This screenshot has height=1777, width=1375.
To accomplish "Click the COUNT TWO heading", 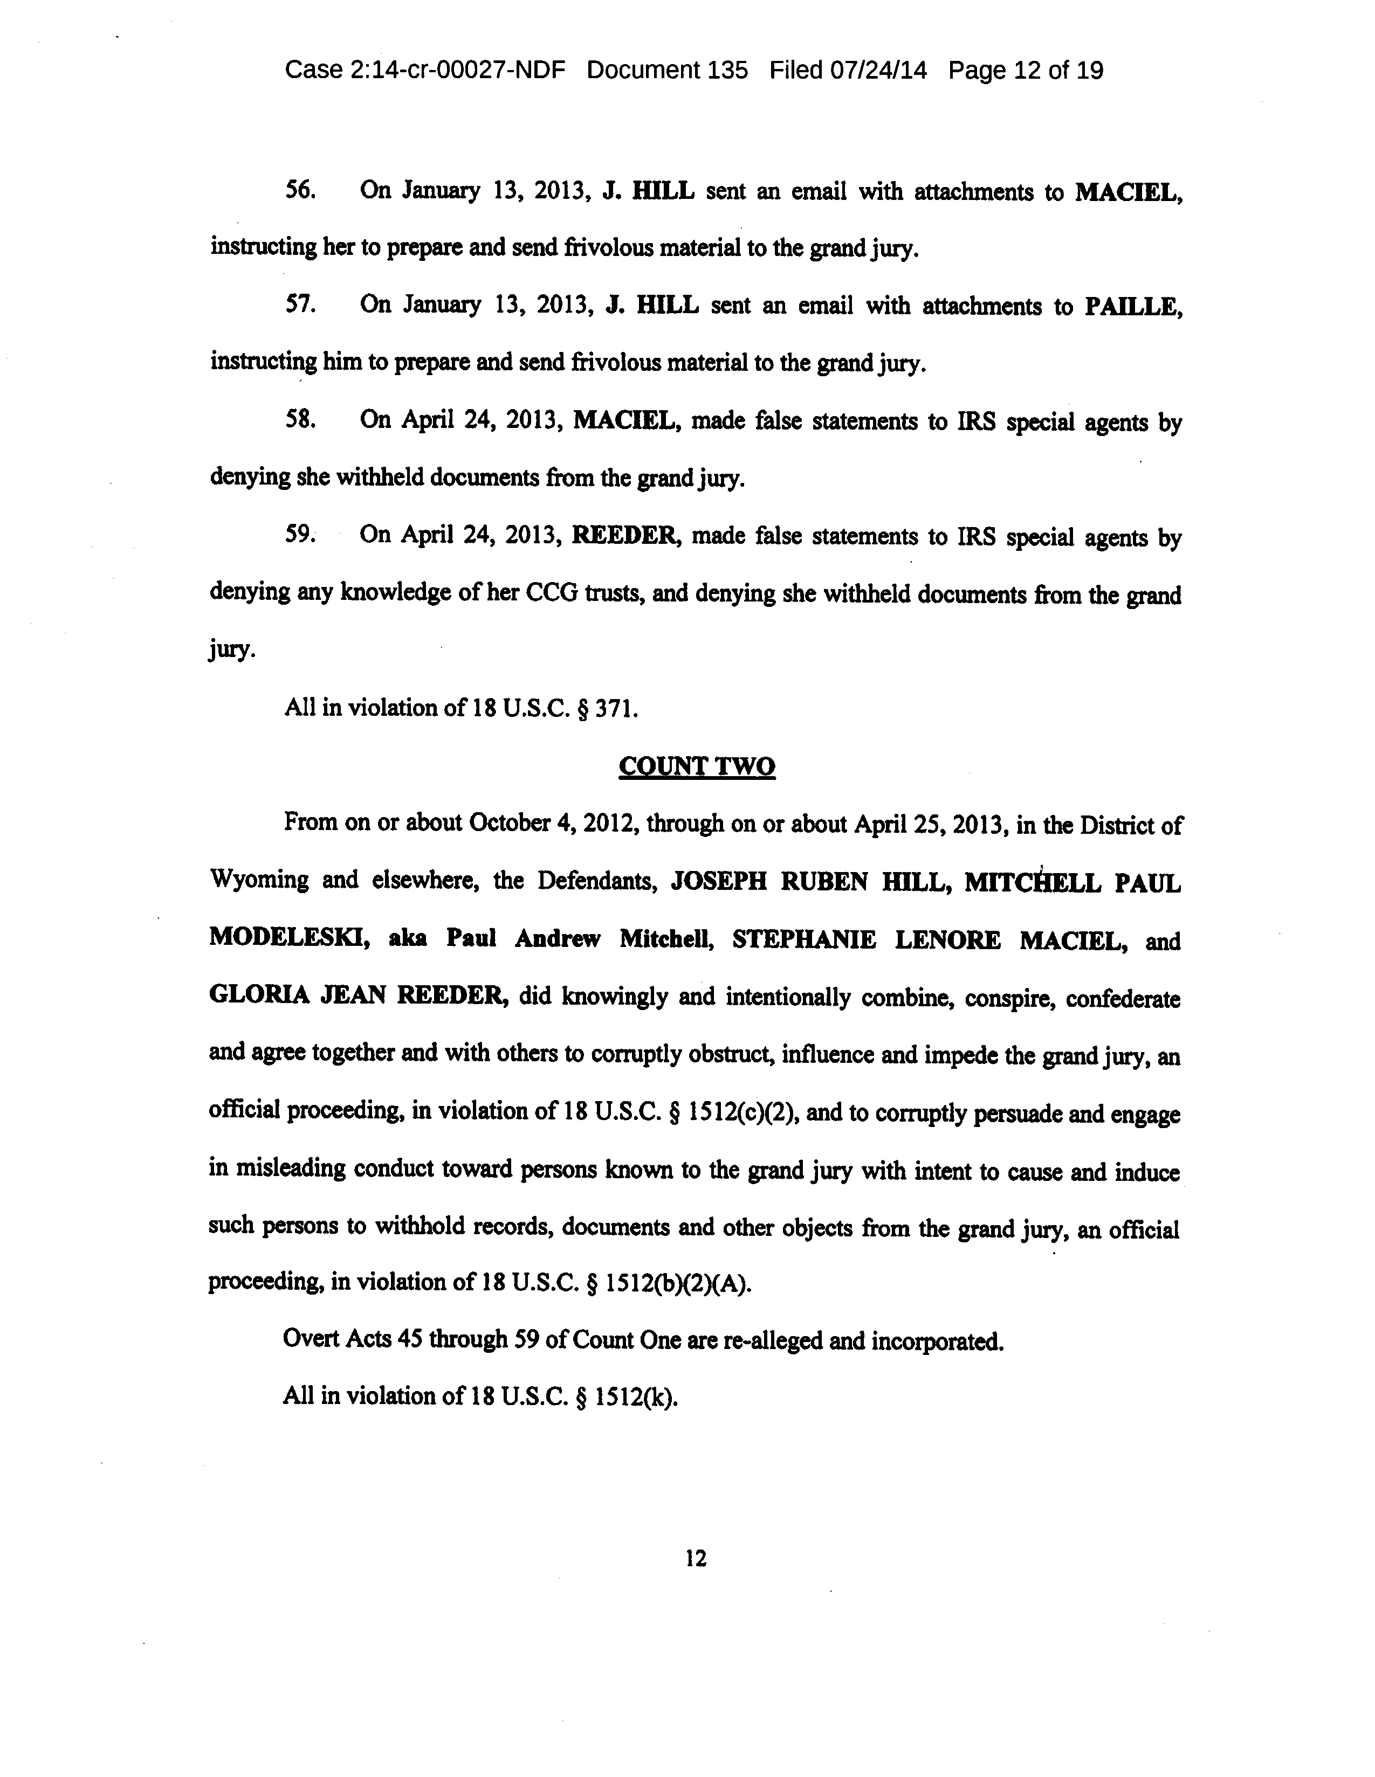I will tap(696, 766).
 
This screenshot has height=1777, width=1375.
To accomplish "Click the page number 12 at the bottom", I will tap(696, 1558).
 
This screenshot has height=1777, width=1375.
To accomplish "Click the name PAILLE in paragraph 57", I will tap(1132, 306).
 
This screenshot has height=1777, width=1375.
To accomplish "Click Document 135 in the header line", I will tap(667, 71).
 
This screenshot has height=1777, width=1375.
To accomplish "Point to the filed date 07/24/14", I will tap(878, 71).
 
